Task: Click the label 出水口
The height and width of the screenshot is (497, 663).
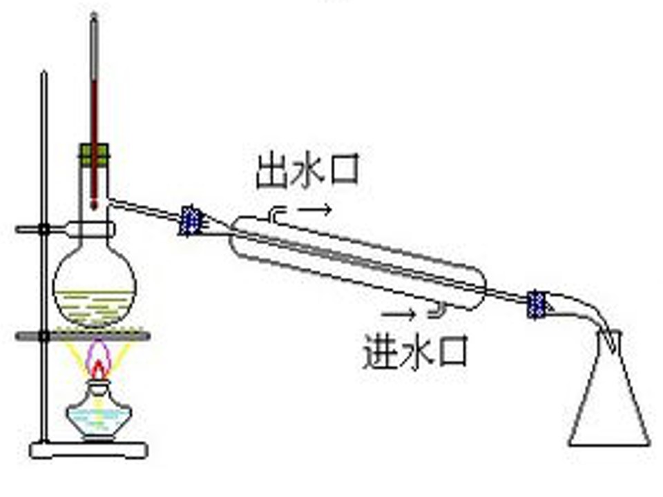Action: point(308,170)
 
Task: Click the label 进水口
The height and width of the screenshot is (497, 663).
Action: point(415,351)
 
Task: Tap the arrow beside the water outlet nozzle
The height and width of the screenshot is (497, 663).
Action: point(315,209)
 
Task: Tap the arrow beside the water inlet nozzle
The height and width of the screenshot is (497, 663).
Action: point(398,314)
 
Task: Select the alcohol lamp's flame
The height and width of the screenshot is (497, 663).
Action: point(99,361)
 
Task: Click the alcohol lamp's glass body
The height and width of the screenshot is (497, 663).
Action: point(99,412)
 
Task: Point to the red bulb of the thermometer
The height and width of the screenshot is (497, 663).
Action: point(94,206)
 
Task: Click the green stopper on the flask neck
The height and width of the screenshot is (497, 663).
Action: point(94,155)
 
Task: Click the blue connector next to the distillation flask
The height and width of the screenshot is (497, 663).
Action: point(191,220)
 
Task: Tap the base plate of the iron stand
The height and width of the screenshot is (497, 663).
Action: point(89,450)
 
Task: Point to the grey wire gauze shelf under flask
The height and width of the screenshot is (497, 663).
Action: point(83,336)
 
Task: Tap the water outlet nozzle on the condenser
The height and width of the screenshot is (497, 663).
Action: point(275,213)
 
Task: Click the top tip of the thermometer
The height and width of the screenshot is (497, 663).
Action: point(94,14)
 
